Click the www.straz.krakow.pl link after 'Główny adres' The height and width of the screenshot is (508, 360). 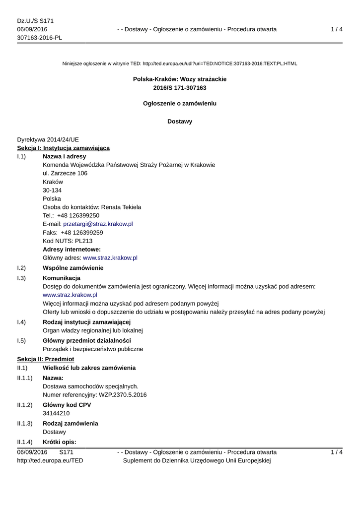click(110, 258)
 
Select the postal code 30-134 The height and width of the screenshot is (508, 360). click(52, 190)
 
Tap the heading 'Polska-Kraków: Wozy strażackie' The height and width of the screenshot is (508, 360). click(180, 79)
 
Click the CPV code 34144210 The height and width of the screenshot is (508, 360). click(56, 413)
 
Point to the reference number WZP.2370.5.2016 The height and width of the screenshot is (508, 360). click(123, 395)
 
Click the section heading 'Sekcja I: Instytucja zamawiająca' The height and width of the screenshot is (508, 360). click(64, 148)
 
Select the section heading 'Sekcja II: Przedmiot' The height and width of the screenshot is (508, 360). click(46, 359)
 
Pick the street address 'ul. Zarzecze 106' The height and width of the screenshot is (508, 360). click(65, 174)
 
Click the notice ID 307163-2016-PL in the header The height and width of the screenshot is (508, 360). click(40, 38)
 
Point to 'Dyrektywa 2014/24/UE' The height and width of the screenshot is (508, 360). click(48, 140)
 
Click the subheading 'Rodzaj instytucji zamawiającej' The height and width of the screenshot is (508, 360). click(86, 322)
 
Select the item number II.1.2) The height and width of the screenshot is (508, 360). click(25, 405)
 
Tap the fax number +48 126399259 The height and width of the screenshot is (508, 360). click(82, 233)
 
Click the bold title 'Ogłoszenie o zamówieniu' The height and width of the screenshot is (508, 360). click(180, 104)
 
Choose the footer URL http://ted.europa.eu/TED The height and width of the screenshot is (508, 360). click(50, 461)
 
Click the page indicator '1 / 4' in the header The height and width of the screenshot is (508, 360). click(337, 30)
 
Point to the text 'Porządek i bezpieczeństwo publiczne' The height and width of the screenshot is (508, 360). click(93, 349)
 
